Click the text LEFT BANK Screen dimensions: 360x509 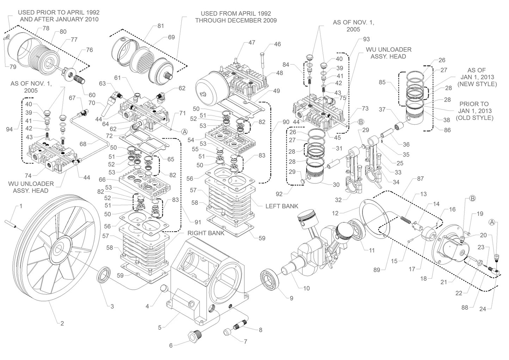pos(281,206)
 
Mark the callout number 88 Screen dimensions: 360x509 pos(465,307)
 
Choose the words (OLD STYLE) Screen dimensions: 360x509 pos(474,118)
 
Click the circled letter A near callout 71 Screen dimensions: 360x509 pos(184,132)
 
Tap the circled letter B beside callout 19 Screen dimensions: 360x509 pos(472,198)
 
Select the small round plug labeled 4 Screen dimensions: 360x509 pos(164,289)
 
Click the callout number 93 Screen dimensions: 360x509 pos(366,39)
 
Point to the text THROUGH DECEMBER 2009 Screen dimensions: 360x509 pos(236,20)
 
